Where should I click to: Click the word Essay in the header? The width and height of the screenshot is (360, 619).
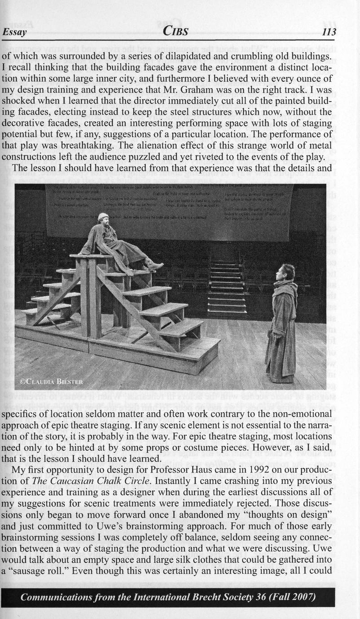[15, 32]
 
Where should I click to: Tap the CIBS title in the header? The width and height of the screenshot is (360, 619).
[176, 31]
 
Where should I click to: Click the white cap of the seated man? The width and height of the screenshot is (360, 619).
[103, 216]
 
